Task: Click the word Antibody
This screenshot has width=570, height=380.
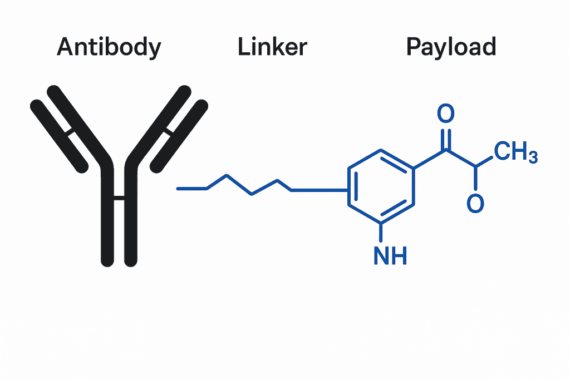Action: point(109,48)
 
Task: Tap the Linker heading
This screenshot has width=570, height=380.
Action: point(272,48)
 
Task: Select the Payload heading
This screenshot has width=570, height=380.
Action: point(451,48)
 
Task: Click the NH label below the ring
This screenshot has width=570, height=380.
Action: point(390,256)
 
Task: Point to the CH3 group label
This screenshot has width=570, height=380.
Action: point(515,152)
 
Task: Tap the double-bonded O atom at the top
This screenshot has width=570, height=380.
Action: point(445,115)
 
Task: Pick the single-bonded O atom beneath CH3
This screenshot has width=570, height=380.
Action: point(475,204)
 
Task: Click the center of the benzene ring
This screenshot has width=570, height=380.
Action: point(381,186)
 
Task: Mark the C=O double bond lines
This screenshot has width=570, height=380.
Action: point(445,139)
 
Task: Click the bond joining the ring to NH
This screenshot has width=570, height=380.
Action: point(382,233)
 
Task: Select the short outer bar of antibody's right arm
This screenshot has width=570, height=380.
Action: point(179,134)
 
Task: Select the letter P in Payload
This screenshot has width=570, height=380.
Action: point(414,48)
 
